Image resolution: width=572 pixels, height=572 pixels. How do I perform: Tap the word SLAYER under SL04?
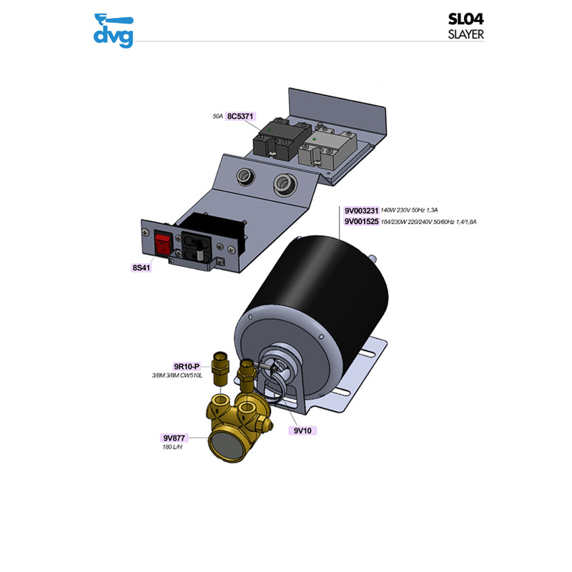click(466, 35)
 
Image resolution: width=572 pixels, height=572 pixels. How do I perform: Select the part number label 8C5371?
click(242, 116)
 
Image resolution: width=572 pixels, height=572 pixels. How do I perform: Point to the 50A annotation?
click(218, 116)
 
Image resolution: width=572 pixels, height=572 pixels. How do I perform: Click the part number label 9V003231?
click(360, 211)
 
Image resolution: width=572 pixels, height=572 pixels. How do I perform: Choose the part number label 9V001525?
click(360, 222)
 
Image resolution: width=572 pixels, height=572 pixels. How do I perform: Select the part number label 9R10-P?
click(187, 367)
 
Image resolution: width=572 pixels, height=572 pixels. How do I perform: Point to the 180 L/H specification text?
click(174, 448)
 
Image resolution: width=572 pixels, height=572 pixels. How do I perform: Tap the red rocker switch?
click(163, 245)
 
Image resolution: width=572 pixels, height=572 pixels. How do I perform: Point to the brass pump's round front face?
click(225, 445)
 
